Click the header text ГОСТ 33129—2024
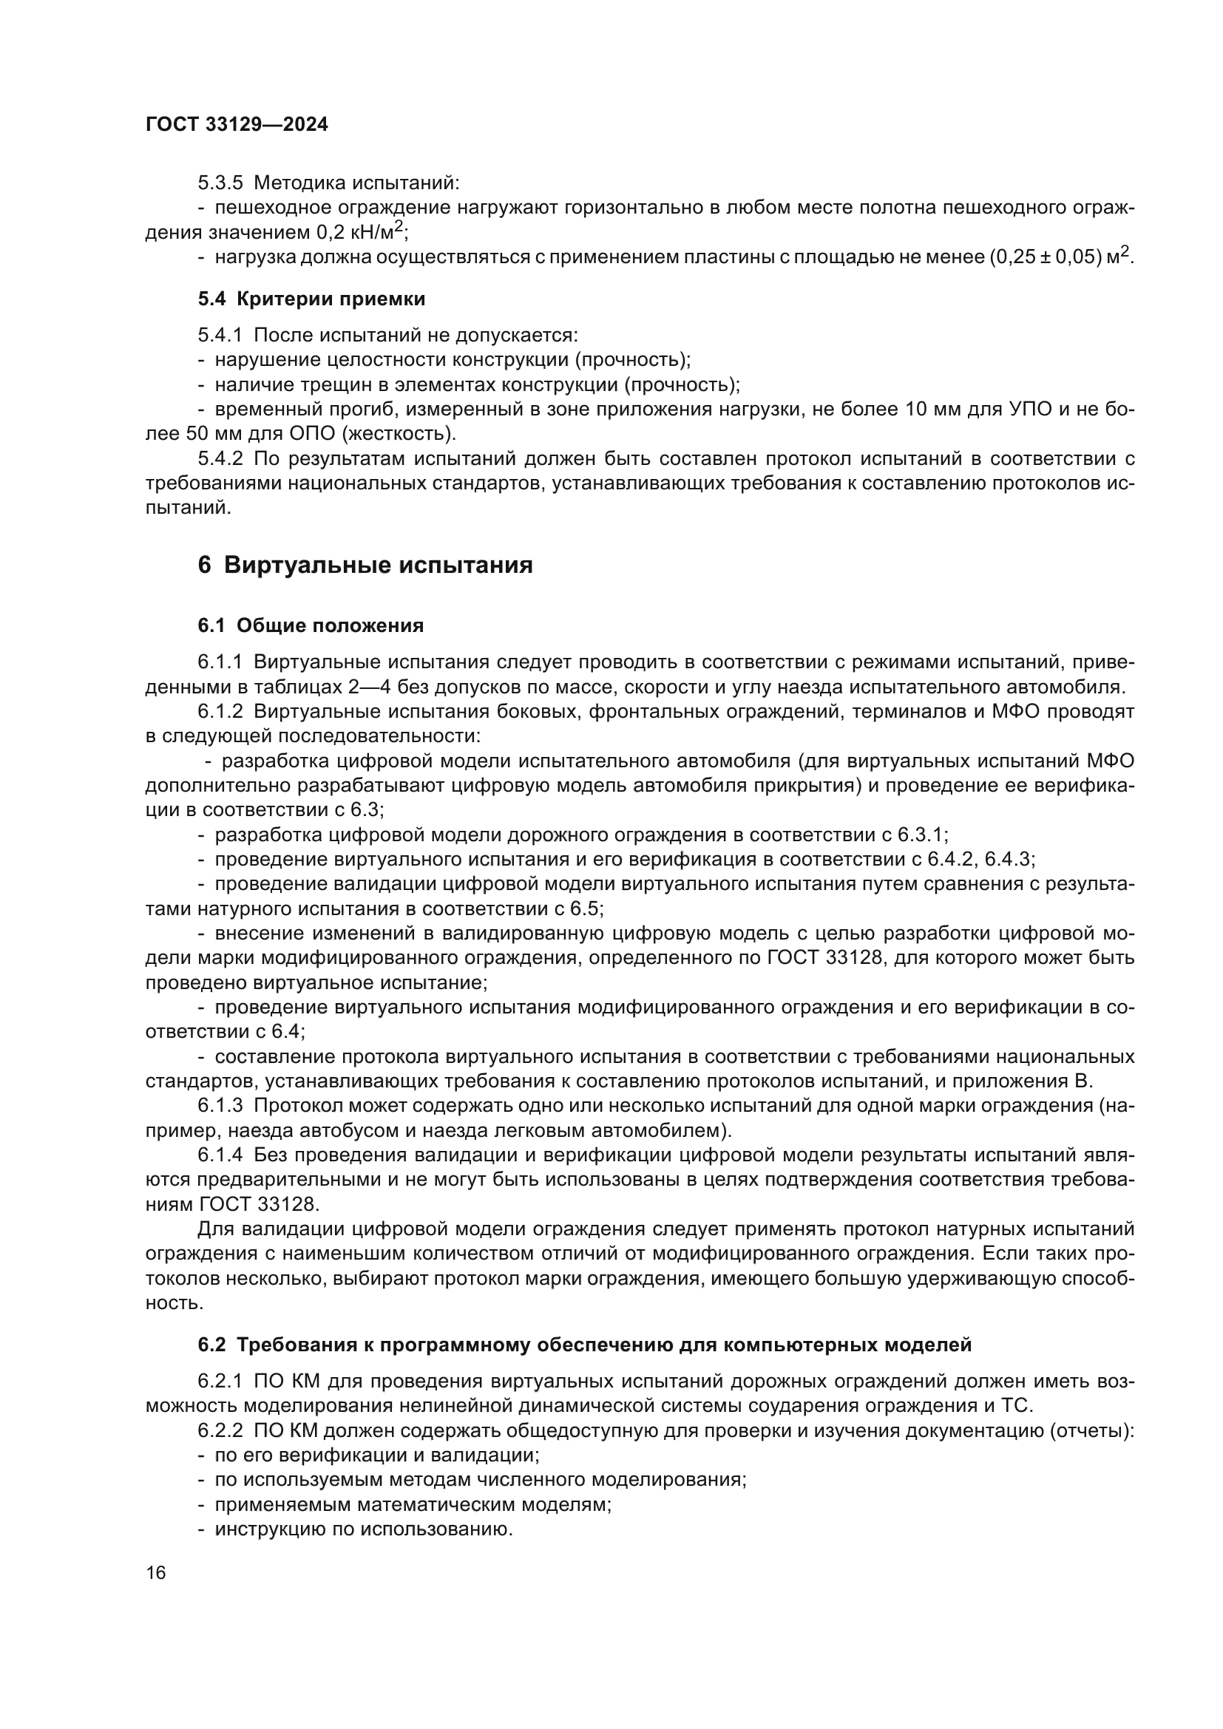coord(237,125)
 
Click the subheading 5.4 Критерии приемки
coord(311,299)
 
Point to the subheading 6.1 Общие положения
coord(311,625)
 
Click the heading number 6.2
coord(211,1345)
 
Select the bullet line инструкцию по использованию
coord(363,1529)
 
